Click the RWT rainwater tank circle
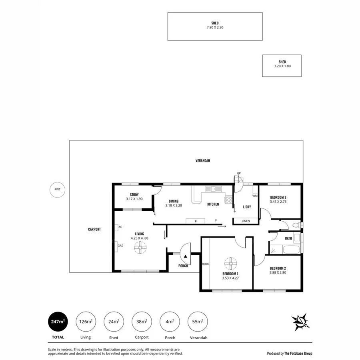(57, 189)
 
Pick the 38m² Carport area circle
(142, 322)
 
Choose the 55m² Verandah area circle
(198, 322)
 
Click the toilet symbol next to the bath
(296, 226)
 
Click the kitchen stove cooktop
(229, 199)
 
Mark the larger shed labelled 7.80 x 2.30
(215, 26)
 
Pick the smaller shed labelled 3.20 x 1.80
(282, 66)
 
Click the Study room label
(134, 194)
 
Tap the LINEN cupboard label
(245, 221)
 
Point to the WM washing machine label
(255, 196)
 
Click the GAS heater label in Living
(120, 245)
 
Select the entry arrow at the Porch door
(186, 256)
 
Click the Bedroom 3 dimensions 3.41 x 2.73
(278, 202)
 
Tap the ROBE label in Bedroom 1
(206, 264)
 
